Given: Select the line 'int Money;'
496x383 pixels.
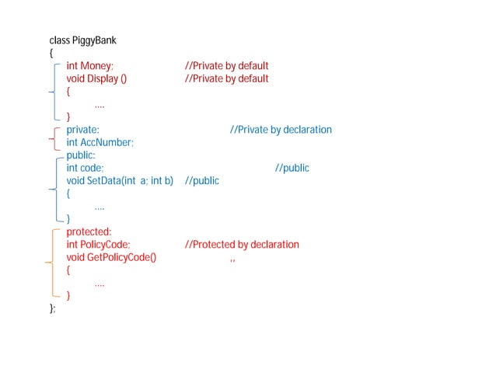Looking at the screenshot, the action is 90,66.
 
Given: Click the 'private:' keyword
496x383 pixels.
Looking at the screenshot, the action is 82,130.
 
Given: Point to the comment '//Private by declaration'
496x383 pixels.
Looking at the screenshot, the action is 281,130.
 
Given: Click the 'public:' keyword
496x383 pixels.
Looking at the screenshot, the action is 81,155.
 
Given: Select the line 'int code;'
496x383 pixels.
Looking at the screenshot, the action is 85,168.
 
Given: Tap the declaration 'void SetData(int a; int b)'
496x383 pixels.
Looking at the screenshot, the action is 119,181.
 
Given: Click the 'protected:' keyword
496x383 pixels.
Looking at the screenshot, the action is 89,232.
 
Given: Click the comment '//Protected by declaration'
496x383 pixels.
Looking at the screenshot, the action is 242,245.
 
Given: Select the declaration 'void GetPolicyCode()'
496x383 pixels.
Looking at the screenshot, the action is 111,257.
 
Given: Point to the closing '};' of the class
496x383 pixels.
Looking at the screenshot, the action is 53,308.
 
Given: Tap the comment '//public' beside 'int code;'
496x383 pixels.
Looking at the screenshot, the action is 292,168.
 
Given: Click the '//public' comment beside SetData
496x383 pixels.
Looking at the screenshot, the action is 202,181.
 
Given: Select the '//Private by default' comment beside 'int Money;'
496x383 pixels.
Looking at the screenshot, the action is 226,66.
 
